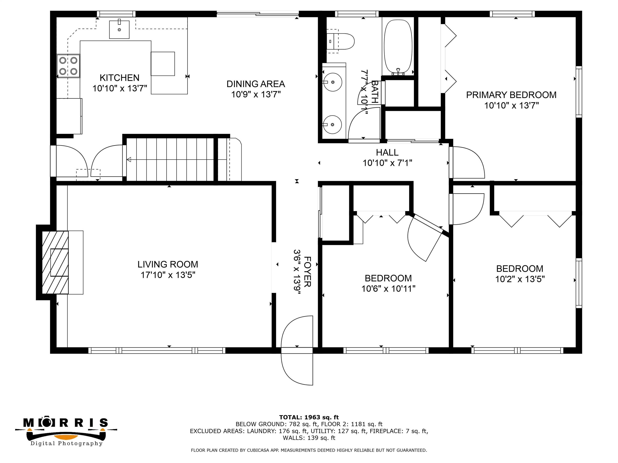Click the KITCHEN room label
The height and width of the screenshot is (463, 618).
point(119,78)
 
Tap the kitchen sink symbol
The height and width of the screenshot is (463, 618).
point(119,29)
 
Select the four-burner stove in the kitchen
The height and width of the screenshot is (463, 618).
point(68,66)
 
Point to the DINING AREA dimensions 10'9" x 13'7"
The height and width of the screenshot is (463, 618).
point(256,94)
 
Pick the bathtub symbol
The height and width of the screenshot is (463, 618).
point(398,46)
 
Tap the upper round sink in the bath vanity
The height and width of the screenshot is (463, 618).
point(333,82)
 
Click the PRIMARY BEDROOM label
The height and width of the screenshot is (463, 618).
point(511,95)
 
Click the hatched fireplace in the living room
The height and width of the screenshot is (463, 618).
point(55,262)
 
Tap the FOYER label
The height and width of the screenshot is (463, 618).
point(307,271)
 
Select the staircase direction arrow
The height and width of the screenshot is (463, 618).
point(129,160)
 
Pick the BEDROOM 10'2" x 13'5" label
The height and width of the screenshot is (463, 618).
point(520,273)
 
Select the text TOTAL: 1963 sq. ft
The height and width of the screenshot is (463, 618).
point(309,417)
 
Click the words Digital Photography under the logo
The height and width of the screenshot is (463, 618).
point(67,444)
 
